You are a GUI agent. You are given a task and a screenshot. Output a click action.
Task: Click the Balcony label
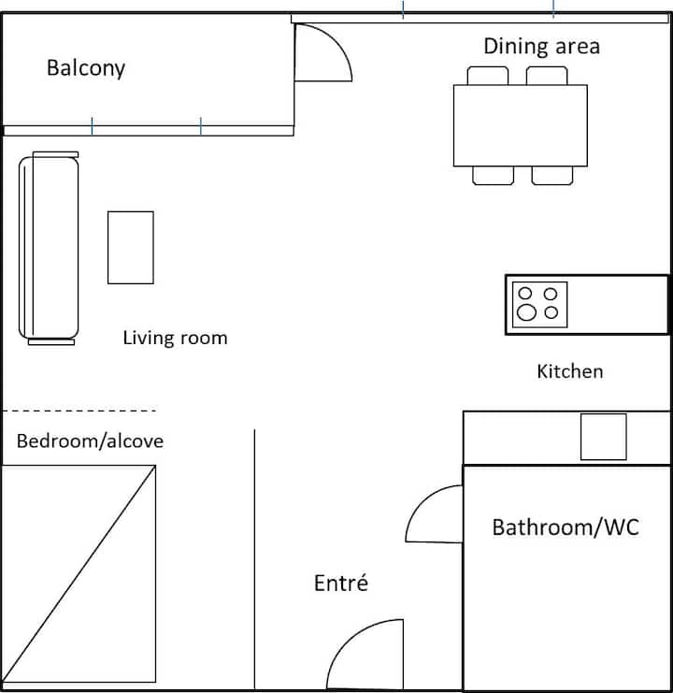point(86,68)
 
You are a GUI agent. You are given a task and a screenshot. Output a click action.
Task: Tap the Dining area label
point(542,47)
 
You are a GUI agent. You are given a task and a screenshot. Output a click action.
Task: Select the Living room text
point(175,339)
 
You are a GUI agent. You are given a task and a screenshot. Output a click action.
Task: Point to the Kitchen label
point(569,371)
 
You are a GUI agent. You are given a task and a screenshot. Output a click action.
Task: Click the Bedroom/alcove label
point(90,441)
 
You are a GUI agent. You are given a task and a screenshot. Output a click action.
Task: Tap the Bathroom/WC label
point(566,527)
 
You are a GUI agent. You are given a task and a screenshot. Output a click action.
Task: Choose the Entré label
point(341,583)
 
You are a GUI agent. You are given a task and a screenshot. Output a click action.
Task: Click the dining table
point(521,125)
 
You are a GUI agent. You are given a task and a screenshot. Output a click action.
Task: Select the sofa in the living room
point(49,248)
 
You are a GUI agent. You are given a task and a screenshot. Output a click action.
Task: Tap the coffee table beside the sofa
point(131,248)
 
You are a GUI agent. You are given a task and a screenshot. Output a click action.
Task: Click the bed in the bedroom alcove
point(79,573)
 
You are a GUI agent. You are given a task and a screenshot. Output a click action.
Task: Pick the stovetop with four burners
point(539,305)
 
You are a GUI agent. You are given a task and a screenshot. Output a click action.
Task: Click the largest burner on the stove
point(526,312)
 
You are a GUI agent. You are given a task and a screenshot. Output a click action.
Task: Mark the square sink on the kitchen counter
point(603,437)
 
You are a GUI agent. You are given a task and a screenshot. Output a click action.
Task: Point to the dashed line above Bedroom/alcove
point(79,411)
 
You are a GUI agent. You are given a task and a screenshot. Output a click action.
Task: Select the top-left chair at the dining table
point(488,76)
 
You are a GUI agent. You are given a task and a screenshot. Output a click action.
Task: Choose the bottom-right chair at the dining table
point(552,176)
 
